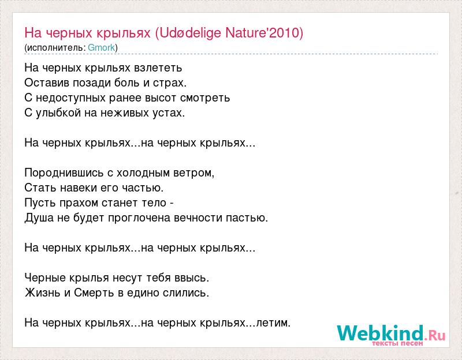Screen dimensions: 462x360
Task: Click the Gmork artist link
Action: pos(102,47)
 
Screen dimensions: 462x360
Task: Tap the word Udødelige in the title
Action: pos(191,33)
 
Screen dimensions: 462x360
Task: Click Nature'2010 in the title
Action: pos(262,32)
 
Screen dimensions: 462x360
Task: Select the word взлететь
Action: pos(158,68)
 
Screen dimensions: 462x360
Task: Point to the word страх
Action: pos(170,83)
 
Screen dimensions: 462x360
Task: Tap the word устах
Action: pos(169,113)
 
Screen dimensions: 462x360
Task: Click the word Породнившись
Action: pos(64,173)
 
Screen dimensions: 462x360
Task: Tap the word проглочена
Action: pos(139,219)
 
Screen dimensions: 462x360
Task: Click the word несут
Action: pos(128,279)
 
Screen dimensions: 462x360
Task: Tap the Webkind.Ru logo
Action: pos(392,335)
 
